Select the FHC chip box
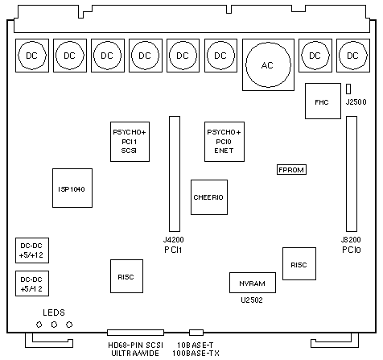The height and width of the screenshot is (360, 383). pos(323,101)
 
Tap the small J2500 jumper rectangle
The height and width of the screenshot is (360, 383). pos(348,89)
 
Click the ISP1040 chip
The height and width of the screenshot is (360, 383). pos(72,188)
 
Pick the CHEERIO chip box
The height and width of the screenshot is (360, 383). pos(209,197)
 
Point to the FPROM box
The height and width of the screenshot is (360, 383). pos(291,170)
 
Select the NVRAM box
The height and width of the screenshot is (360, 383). pos(253,283)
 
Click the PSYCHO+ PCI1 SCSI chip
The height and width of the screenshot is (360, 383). pos(130,142)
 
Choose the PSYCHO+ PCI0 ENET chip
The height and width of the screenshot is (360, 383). pos(224,142)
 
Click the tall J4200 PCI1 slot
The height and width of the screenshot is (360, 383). pos(175,174)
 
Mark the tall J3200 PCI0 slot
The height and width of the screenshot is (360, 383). pos(352,174)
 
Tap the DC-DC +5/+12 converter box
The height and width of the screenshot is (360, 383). pos(32,250)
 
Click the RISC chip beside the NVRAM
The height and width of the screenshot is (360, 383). pos(299,263)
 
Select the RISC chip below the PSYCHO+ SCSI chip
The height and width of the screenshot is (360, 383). pos(126,276)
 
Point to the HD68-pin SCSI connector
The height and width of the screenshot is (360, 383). pos(135,333)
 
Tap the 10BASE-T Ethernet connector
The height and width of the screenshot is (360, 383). pos(196,333)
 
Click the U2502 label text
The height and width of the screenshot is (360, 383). pos(252,300)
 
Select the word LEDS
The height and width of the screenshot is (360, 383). pos(54,312)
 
